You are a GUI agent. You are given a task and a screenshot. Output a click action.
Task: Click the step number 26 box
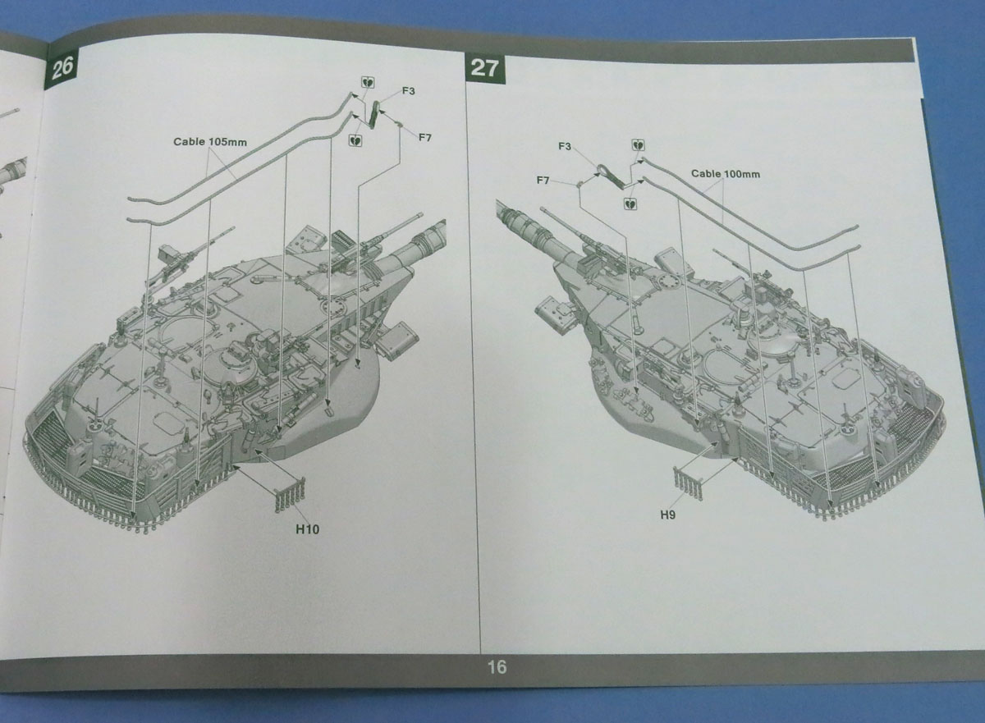pos(62,68)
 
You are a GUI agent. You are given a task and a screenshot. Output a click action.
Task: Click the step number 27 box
pos(484,67)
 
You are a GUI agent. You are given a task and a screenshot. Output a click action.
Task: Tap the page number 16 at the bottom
pos(497,666)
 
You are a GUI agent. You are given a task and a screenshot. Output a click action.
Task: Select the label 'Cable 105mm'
pos(209,141)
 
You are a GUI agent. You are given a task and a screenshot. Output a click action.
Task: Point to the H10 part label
pos(307,529)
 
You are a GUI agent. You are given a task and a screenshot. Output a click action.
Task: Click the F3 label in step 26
pos(408,90)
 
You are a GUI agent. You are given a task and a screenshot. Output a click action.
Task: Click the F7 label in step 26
pos(424,137)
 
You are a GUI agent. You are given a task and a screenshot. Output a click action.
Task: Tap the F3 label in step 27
pos(565,147)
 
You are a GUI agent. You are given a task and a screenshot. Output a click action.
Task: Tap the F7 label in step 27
pos(543,180)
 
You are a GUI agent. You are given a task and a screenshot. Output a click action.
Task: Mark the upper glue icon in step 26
pos(365,82)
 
